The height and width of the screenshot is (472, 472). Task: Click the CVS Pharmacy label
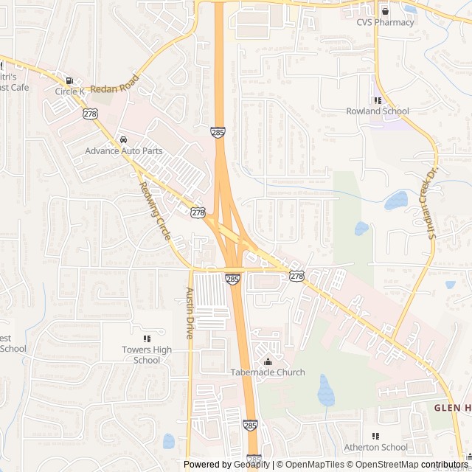point(385,22)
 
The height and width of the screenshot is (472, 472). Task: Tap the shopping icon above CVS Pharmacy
point(385,11)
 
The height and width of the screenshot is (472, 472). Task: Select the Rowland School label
point(378,111)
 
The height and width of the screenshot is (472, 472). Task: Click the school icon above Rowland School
point(378,100)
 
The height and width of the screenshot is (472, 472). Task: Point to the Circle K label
point(70,91)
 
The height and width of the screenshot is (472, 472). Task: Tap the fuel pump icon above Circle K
point(69,80)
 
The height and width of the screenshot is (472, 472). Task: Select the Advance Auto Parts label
point(123,150)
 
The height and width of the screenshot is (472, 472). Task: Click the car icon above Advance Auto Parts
point(123,139)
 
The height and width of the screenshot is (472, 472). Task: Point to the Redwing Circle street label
point(155,211)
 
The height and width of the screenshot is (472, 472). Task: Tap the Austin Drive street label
point(190,313)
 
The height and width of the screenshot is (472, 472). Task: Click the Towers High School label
point(147,355)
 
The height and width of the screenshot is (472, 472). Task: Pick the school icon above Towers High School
point(147,339)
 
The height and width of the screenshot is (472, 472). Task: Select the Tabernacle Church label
point(268,372)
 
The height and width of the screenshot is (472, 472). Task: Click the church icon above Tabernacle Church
point(268,361)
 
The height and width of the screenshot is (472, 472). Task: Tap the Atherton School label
point(375,447)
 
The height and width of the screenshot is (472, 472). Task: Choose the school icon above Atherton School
point(375,436)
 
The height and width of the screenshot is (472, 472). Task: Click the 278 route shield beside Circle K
point(90,114)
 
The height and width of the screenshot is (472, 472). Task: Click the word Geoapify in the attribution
point(251,465)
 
